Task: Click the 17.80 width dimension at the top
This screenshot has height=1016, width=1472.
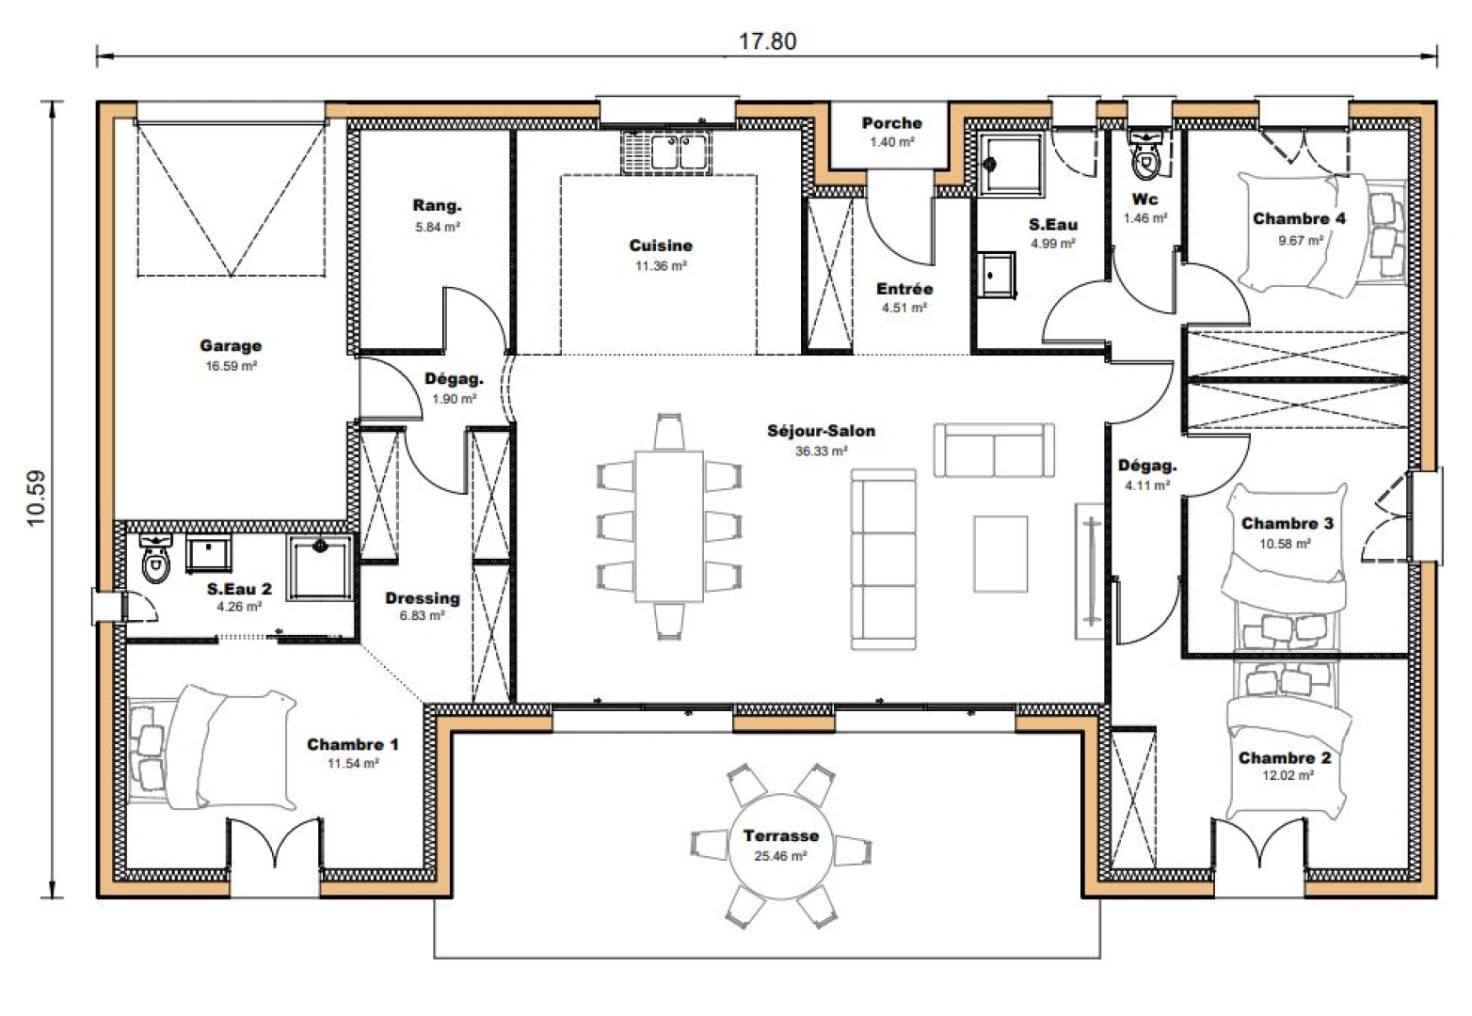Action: [767, 41]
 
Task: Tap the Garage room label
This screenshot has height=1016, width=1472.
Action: [231, 346]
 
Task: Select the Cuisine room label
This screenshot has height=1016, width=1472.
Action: [661, 246]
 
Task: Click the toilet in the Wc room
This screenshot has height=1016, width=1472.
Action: [1145, 158]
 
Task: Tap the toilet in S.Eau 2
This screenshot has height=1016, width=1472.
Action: [155, 561]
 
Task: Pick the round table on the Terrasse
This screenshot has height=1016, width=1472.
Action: [780, 844]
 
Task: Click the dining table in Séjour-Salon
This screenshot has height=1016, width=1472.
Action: [669, 526]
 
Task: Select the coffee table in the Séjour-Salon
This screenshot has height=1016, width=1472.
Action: [1000, 553]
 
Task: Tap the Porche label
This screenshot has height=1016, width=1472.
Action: [891, 123]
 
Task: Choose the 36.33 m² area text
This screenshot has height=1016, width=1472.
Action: [821, 452]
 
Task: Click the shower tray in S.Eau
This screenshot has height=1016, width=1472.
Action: [1010, 165]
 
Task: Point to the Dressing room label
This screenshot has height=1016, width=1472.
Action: [422, 597]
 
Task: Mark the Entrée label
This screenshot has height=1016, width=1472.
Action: [904, 289]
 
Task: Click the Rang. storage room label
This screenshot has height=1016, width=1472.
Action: [437, 206]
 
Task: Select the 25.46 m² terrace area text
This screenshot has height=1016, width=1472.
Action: [780, 856]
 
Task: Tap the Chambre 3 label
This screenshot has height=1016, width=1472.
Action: [1287, 523]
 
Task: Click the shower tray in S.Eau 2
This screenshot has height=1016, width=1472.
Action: [320, 568]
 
